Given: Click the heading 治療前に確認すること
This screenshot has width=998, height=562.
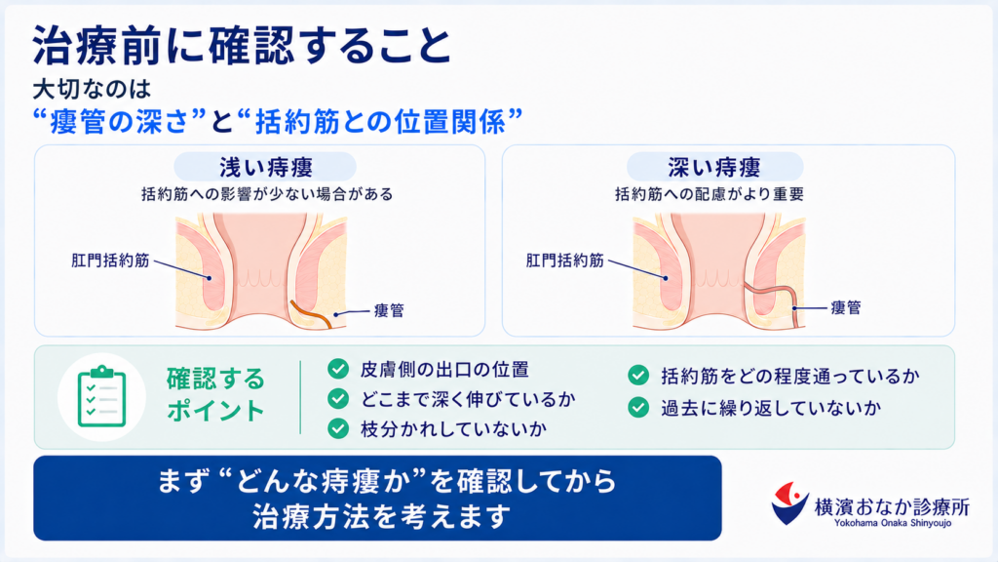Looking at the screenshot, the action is point(242,46).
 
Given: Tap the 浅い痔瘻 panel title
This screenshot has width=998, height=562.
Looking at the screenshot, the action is point(266,168).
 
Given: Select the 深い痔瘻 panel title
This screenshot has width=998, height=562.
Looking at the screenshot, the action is point(714,168).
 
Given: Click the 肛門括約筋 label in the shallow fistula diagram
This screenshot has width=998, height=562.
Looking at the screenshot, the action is point(110,260).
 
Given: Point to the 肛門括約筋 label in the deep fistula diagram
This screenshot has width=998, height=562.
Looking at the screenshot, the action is point(564,260).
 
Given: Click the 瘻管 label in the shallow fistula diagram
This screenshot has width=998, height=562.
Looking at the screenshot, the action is point(389,310).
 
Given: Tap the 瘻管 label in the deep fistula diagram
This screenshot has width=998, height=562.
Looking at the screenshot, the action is point(846,307).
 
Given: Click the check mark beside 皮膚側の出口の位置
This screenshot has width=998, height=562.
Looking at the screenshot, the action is point(338,368).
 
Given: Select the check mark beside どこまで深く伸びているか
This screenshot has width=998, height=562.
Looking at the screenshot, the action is point(338,398).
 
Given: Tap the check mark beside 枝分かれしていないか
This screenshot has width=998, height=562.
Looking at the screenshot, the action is point(338,428).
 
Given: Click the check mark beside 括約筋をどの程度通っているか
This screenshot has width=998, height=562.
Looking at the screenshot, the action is point(638,376).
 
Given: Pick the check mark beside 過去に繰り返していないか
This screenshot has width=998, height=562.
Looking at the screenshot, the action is point(638,407).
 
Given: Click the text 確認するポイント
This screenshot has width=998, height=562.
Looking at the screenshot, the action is point(215,394).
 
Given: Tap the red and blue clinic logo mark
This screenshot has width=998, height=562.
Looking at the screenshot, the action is point(789,503).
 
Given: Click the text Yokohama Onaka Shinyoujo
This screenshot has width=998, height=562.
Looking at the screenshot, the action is point(893,523).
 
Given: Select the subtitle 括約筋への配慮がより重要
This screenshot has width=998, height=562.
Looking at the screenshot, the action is point(710,194).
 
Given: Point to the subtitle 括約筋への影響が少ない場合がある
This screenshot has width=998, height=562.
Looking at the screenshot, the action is point(267,194).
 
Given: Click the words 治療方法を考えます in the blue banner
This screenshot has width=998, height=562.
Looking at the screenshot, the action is point(382,516).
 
